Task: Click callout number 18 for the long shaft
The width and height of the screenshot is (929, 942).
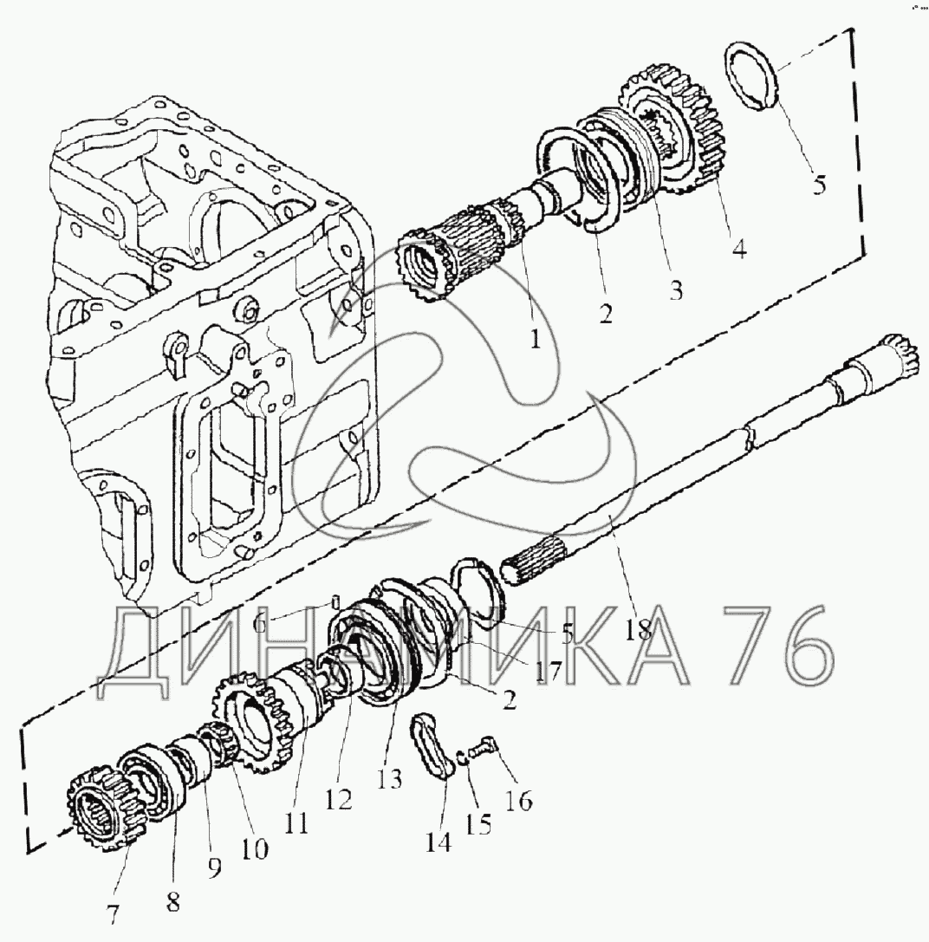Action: [x=638, y=629]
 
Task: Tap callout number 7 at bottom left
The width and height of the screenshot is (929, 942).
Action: [x=113, y=913]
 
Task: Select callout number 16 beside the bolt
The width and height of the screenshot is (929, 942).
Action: [x=520, y=801]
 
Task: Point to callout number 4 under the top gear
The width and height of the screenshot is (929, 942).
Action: [x=740, y=248]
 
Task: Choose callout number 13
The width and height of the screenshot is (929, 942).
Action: [x=389, y=779]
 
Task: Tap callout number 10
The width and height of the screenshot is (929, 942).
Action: [x=254, y=848]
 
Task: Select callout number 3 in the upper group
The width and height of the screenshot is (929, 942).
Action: [x=676, y=291]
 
